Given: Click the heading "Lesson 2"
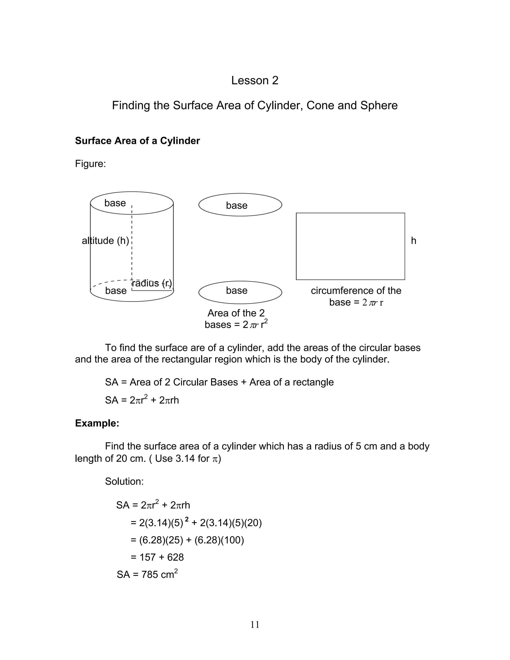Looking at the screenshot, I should (x=255, y=80).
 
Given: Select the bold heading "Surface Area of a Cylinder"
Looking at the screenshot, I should (x=137, y=141).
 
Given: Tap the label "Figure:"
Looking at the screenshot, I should (x=90, y=164).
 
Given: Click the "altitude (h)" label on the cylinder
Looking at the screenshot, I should (x=105, y=241).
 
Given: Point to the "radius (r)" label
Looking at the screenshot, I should (x=152, y=283).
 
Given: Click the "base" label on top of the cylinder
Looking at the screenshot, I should (x=115, y=203).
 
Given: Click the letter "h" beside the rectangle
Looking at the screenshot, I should (x=413, y=241).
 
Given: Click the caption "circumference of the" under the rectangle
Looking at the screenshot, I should (x=356, y=291).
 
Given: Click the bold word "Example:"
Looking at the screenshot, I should (x=97, y=423).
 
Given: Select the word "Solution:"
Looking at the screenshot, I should (x=124, y=481).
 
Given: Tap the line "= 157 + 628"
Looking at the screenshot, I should (x=157, y=557).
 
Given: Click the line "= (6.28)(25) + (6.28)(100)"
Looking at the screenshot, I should (x=187, y=540).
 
